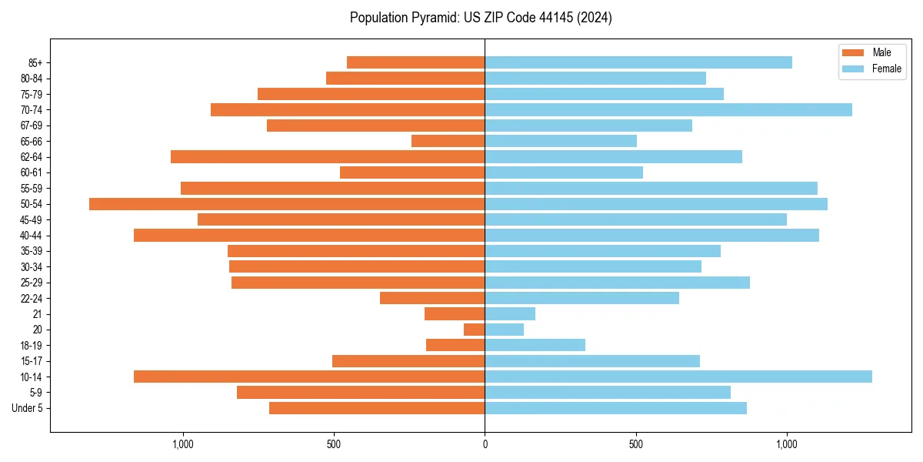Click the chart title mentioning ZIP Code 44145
[x=481, y=18]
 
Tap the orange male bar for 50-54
[x=287, y=204]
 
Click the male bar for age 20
[x=475, y=330]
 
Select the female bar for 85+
[x=638, y=62]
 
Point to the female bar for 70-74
[x=668, y=109]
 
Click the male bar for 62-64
[x=328, y=156]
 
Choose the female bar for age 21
[x=510, y=313]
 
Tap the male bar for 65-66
[x=448, y=141]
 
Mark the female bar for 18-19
[x=535, y=345]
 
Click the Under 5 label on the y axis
[x=27, y=408]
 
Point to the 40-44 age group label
[x=32, y=236]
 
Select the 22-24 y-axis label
[x=32, y=298]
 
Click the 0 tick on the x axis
[x=485, y=444]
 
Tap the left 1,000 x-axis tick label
[x=182, y=444]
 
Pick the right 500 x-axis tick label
[x=635, y=444]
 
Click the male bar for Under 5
[x=377, y=408]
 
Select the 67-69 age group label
[x=32, y=126]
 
